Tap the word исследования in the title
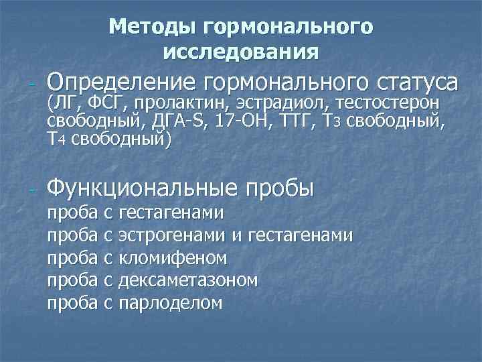(x=240, y=50)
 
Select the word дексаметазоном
(x=187, y=280)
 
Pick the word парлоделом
(x=170, y=303)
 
